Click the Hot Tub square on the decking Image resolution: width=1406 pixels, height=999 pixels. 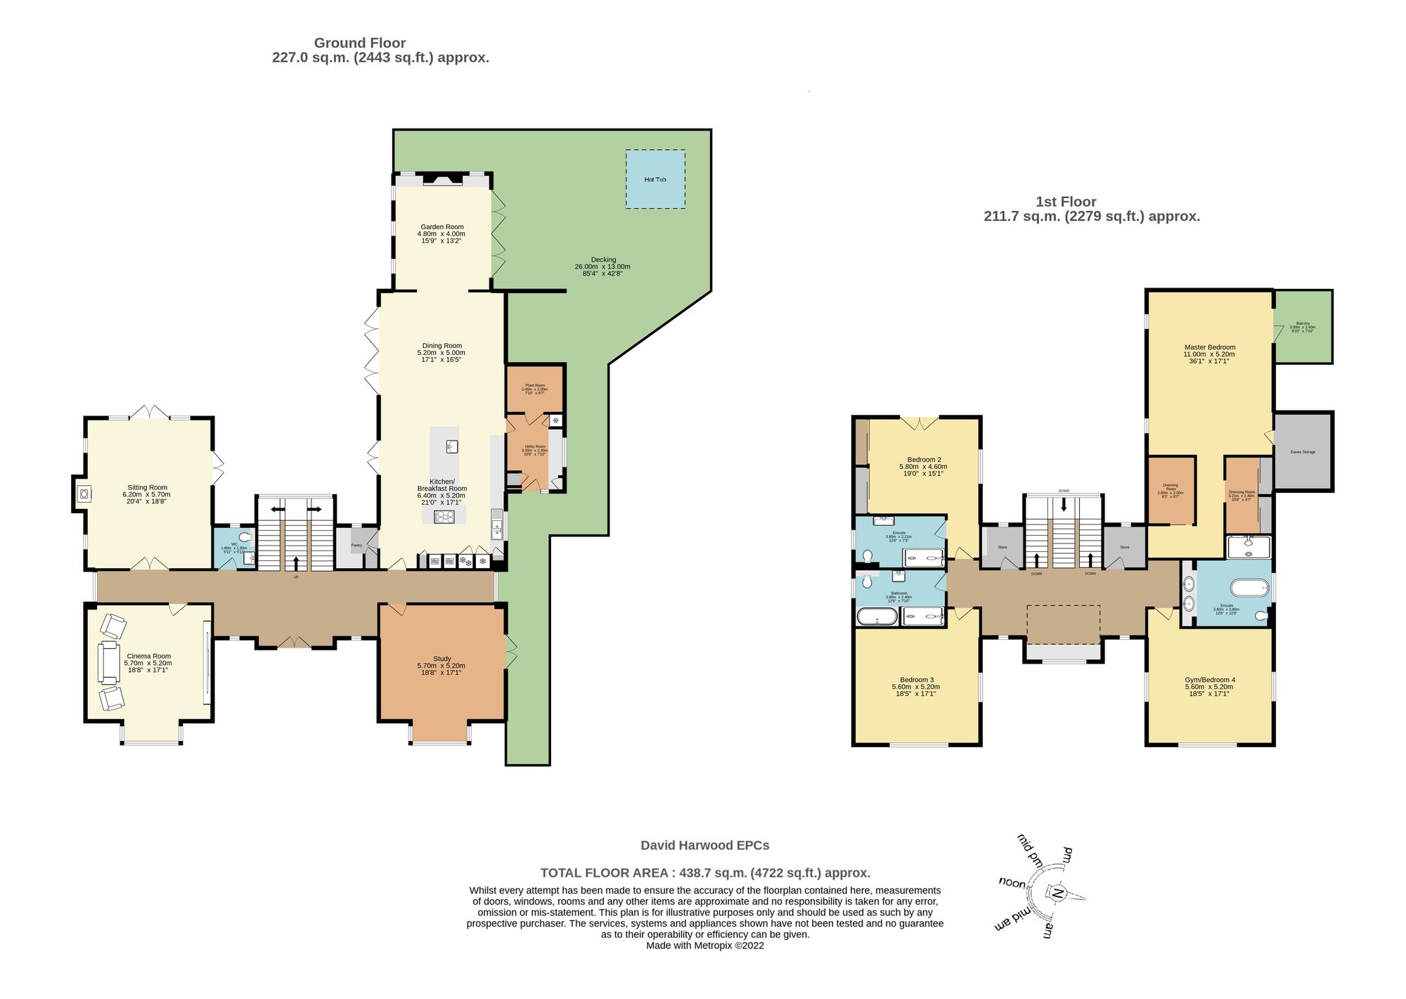tap(655, 179)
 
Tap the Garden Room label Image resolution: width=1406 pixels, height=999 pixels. tap(441, 227)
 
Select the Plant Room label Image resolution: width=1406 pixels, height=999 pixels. tap(534, 385)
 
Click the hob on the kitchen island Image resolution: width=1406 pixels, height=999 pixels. tap(444, 517)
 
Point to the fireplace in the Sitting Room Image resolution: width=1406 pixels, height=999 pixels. tap(83, 494)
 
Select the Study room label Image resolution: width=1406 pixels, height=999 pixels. tap(441, 659)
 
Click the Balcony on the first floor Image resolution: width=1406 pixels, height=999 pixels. tap(1303, 327)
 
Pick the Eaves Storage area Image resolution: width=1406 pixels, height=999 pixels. tap(1303, 451)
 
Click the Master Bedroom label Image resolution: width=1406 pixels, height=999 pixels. tap(1209, 347)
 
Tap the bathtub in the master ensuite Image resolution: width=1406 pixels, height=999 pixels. tap(1249, 587)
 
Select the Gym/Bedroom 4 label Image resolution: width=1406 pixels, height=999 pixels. tap(1209, 680)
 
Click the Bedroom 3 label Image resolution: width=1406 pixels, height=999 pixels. tap(916, 680)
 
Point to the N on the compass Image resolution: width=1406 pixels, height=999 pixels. tap(1056, 894)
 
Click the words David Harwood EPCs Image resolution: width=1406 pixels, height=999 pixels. tap(704, 846)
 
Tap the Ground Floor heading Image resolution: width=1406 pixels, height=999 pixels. tap(359, 43)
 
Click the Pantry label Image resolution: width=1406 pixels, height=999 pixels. tap(356, 545)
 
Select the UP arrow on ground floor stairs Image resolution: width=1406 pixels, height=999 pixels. tap(295, 563)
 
